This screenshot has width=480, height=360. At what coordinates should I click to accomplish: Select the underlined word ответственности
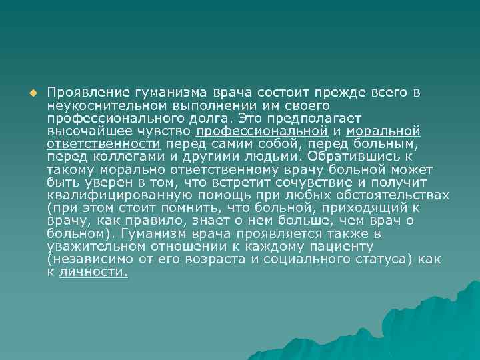tap(104, 144)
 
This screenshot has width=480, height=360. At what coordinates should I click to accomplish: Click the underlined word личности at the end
tap(93, 273)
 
